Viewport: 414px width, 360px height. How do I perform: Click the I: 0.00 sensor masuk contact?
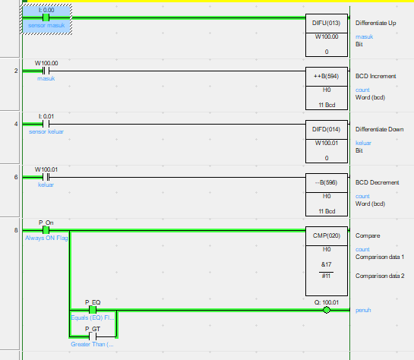coord(46,17)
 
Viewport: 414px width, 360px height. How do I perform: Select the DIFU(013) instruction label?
coord(326,23)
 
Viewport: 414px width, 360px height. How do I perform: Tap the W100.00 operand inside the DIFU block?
coord(327,36)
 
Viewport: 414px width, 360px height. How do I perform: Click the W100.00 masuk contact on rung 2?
coord(46,71)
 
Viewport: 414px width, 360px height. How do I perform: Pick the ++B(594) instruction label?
coord(326,76)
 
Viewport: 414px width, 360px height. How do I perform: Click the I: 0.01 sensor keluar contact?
coord(46,124)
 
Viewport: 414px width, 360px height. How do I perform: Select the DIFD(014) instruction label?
coord(326,129)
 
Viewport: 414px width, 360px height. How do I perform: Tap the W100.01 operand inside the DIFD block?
coord(327,143)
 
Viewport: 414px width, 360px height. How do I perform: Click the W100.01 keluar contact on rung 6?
coord(46,177)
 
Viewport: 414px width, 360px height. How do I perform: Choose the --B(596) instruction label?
coord(326,182)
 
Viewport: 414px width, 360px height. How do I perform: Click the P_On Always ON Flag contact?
coord(46,230)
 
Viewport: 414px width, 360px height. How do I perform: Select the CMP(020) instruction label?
coord(327,235)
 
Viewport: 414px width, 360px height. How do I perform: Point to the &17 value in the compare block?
coord(327,264)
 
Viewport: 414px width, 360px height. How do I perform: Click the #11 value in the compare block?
coord(326,276)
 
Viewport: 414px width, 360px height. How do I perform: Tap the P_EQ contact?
coord(93,310)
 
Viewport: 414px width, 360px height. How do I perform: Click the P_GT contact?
coord(93,336)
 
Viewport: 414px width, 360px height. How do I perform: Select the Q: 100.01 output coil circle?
coord(327,310)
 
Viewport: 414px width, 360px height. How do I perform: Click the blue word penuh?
coord(363,311)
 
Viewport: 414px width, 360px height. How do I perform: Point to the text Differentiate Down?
coord(379,129)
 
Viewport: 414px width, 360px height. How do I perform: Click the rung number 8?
coord(16,230)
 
